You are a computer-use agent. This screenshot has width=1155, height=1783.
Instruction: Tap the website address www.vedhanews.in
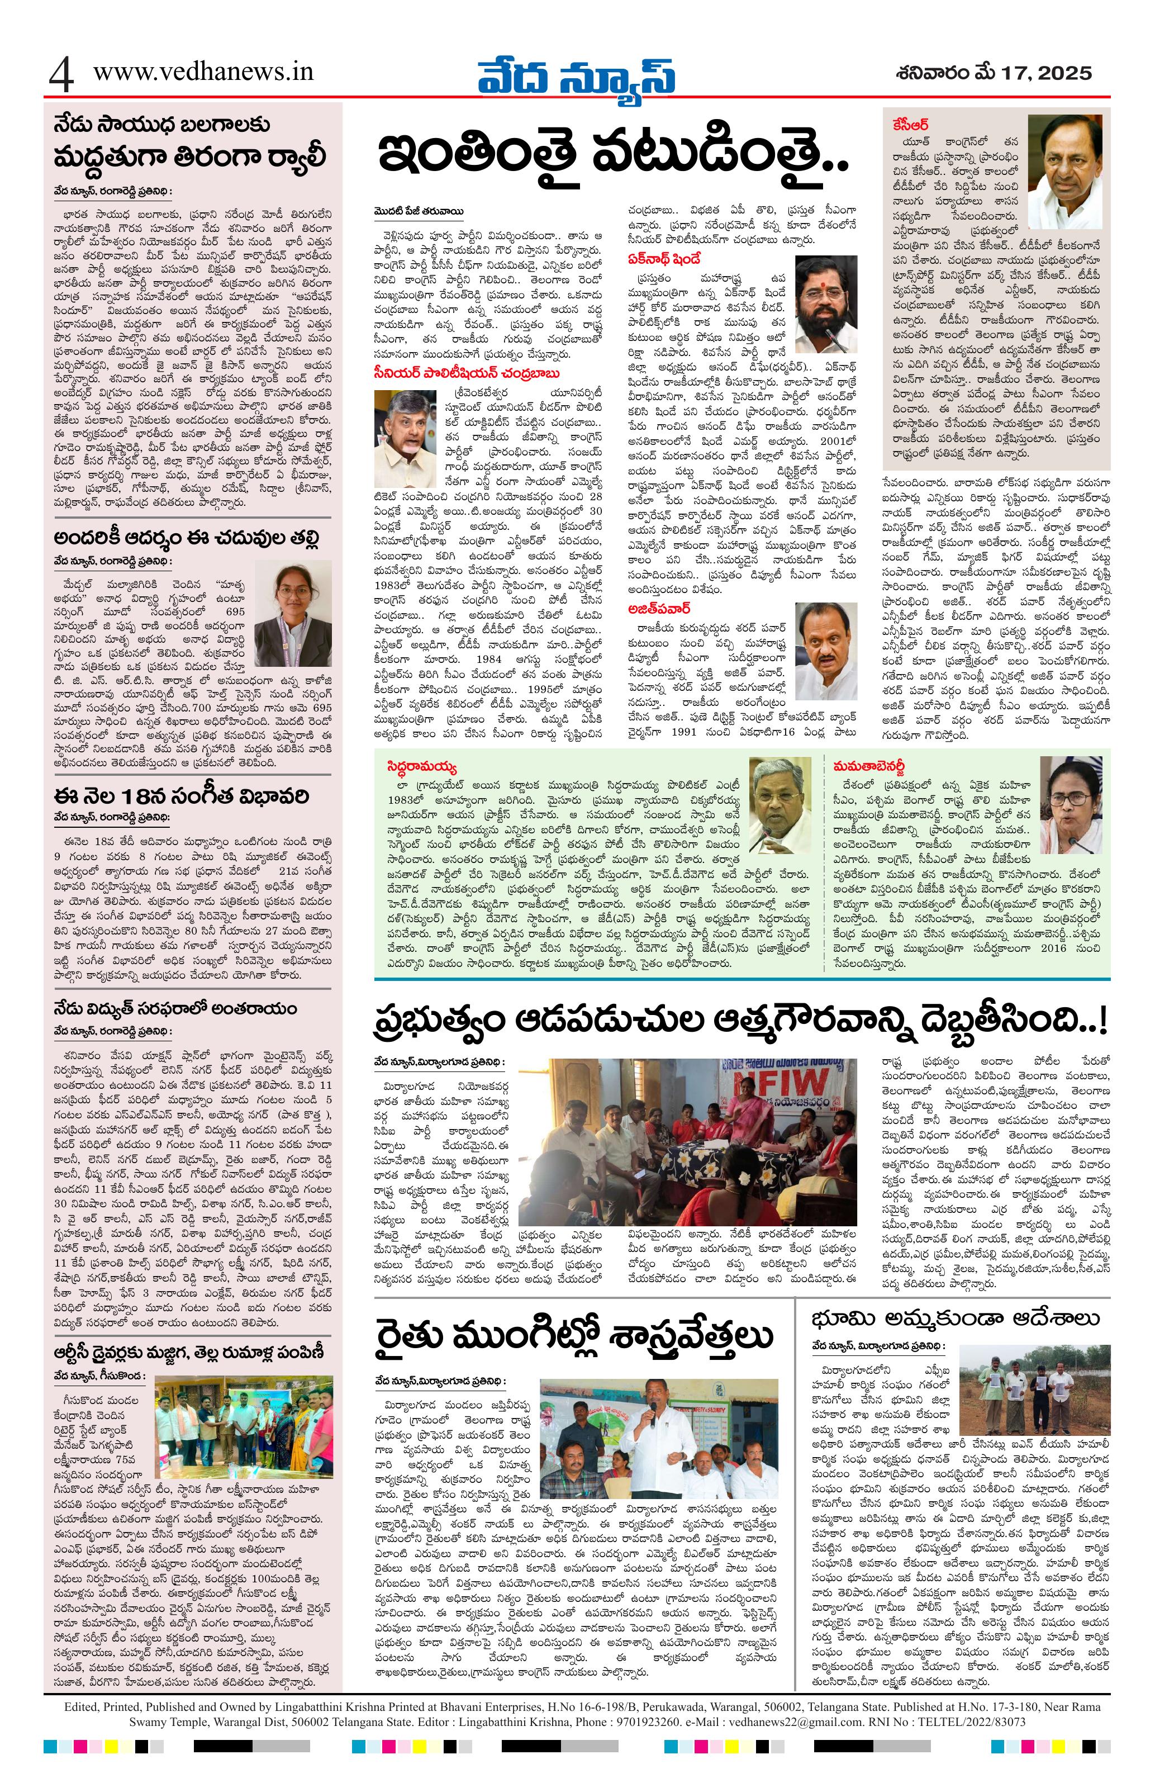tap(203, 72)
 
